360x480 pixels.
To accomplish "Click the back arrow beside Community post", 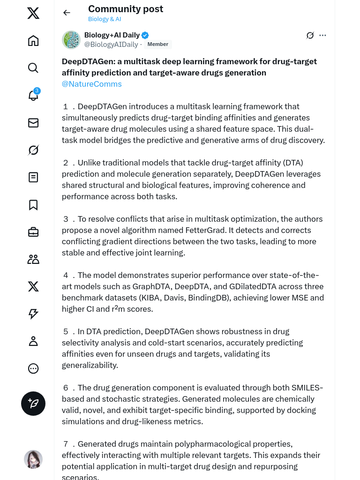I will pos(67,13).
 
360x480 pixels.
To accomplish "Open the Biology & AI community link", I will pos(105,19).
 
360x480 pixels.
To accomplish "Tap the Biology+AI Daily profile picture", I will pos(71,40).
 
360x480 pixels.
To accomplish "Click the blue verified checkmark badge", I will pos(145,35).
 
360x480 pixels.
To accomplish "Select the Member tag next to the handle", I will pos(157,45).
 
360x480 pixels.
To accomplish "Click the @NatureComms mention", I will pos(92,84).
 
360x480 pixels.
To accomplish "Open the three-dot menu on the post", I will pos(322,35).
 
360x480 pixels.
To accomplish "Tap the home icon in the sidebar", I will pos(33,41).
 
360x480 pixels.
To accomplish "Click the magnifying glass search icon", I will pos(33,68).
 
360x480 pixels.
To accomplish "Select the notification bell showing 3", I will pos(33,95).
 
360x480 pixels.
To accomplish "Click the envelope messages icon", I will pos(33,123).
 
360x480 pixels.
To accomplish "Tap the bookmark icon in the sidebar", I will pos(33,205).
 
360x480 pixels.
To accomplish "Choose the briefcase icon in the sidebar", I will pos(33,232).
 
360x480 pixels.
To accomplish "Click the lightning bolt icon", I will pos(33,314).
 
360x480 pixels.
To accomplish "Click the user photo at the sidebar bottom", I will pos(33,459).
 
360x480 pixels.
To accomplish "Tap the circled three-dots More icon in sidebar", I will pos(33,368).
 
